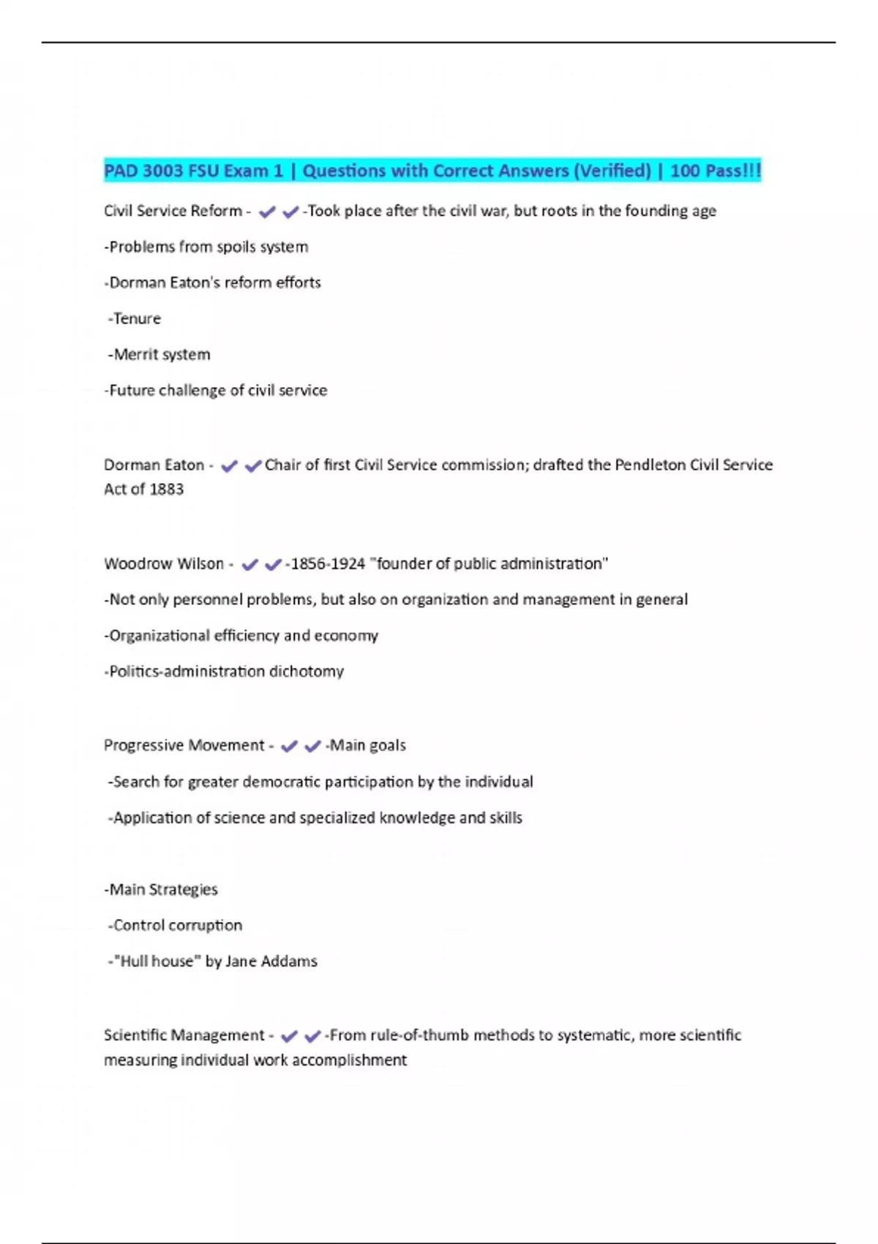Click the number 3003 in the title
(x=162, y=171)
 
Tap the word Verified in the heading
(x=611, y=171)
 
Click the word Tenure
(x=137, y=319)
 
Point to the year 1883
(x=166, y=490)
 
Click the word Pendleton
(x=650, y=465)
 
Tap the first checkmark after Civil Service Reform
(x=267, y=212)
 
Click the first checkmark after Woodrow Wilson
(x=249, y=565)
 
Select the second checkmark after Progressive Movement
(x=312, y=746)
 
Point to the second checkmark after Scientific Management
(x=312, y=1036)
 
